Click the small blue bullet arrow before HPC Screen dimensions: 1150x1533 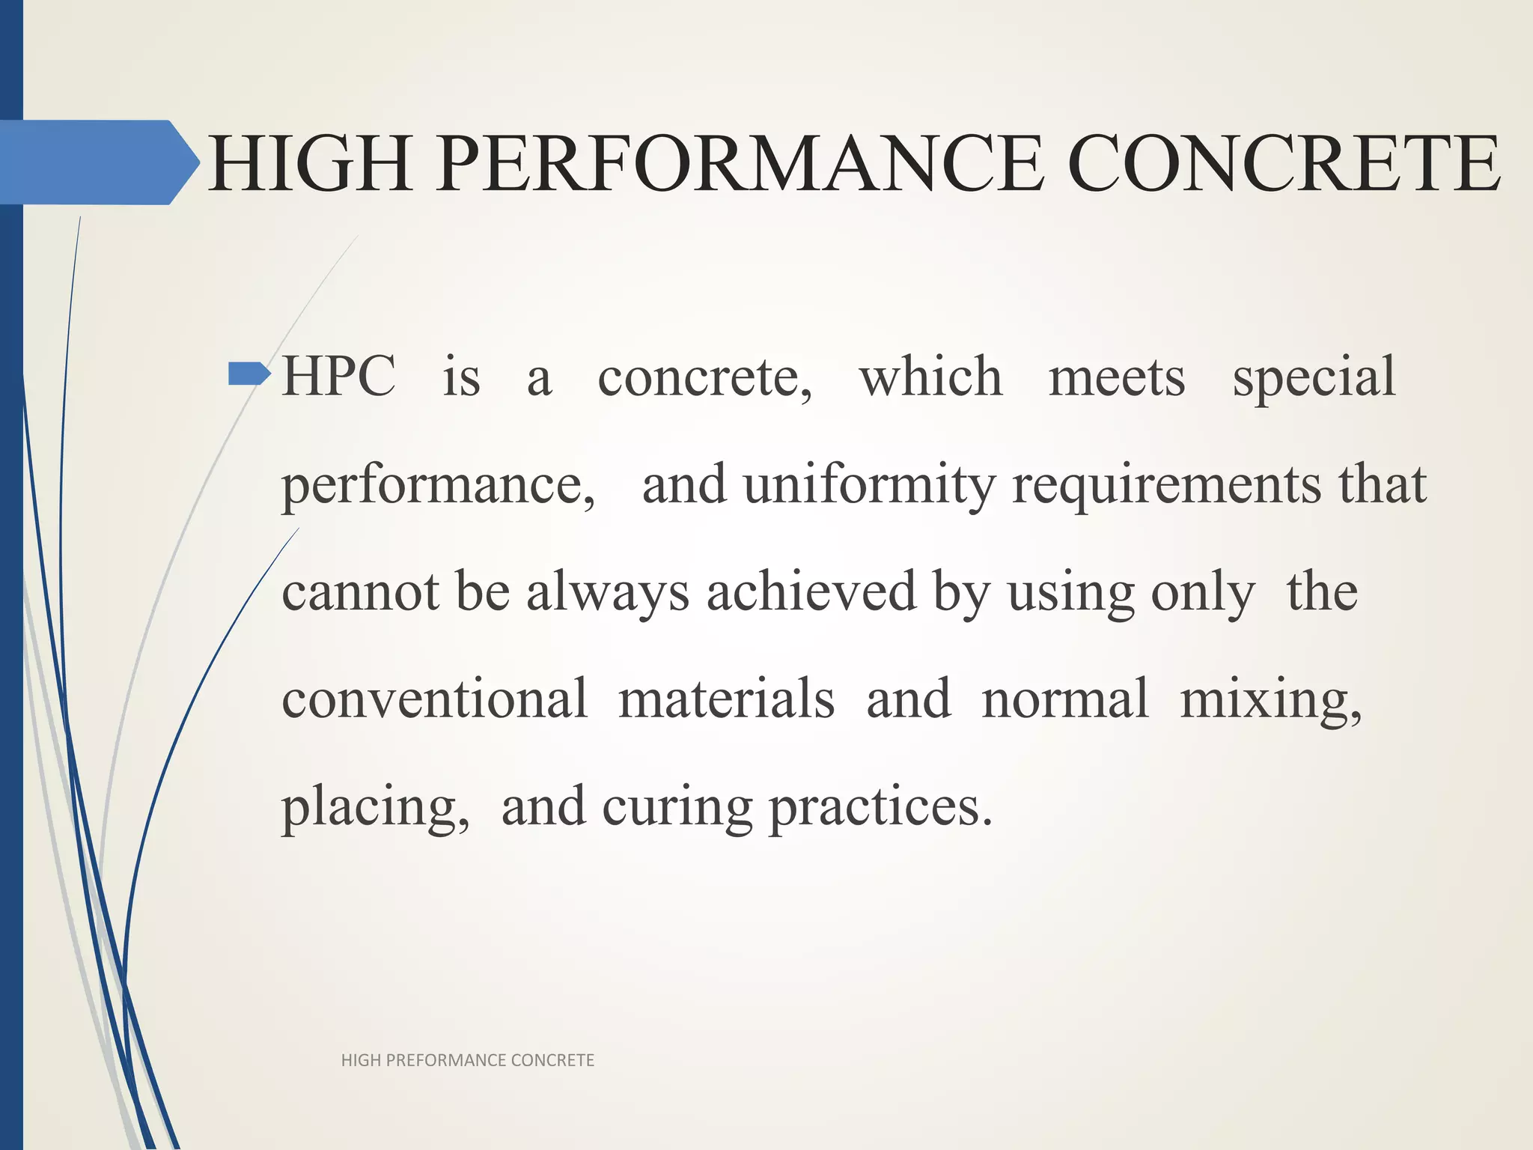click(x=249, y=373)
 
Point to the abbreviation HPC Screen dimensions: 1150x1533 click(x=338, y=376)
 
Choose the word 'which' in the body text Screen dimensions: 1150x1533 click(x=930, y=376)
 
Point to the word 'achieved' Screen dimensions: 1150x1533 click(x=811, y=591)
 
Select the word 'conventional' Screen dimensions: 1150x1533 click(x=434, y=699)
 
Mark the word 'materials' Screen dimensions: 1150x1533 click(x=726, y=699)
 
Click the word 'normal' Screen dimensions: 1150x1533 click(x=1064, y=699)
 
